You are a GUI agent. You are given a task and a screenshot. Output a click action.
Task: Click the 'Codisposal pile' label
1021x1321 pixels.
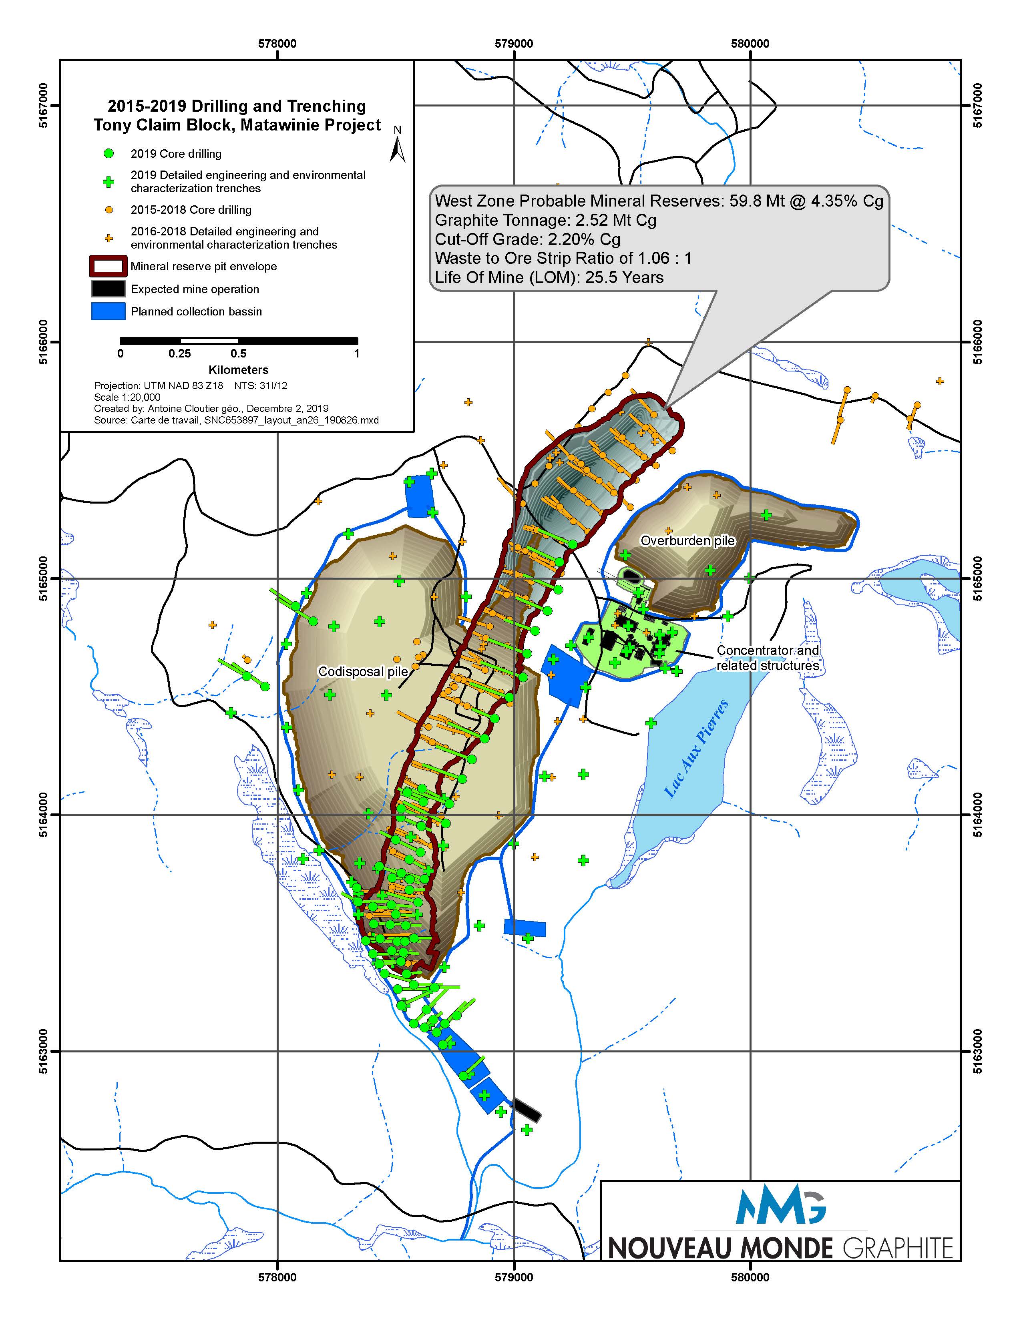tap(363, 671)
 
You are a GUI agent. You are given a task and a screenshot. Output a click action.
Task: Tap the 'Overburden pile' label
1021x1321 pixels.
tap(688, 540)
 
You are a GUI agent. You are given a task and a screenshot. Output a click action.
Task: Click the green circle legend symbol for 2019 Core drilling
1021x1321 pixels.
tap(109, 154)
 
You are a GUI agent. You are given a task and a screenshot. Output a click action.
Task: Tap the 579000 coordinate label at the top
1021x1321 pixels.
tap(514, 44)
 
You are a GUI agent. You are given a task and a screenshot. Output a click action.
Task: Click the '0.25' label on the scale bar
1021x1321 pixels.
tap(180, 354)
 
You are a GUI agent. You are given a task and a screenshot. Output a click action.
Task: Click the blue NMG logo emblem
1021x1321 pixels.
tap(780, 1204)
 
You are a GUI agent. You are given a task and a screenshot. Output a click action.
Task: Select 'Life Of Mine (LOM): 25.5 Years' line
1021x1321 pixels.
tap(549, 278)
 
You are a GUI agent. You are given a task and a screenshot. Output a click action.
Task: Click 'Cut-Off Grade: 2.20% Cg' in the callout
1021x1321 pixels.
tap(527, 239)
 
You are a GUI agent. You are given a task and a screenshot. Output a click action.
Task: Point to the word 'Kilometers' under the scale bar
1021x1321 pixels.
tap(238, 369)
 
